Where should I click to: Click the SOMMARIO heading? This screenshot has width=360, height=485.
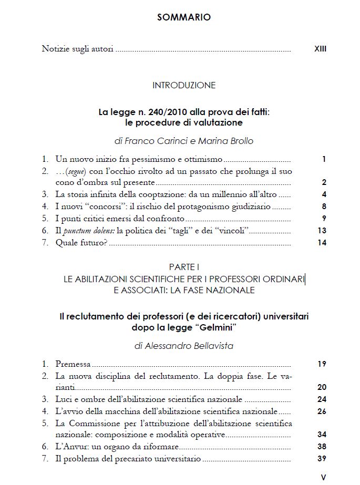click(184, 17)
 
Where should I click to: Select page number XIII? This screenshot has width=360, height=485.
click(320, 49)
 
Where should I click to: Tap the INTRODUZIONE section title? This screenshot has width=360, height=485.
click(184, 85)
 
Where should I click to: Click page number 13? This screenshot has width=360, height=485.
click(322, 231)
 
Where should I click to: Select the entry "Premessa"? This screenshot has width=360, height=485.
click(73, 364)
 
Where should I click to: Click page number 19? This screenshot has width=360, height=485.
click(322, 364)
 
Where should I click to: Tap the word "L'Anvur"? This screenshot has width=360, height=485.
click(69, 447)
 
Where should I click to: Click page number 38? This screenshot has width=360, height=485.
click(322, 447)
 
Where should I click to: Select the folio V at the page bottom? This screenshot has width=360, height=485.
click(323, 477)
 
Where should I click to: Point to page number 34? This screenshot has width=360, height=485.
click(322, 435)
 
